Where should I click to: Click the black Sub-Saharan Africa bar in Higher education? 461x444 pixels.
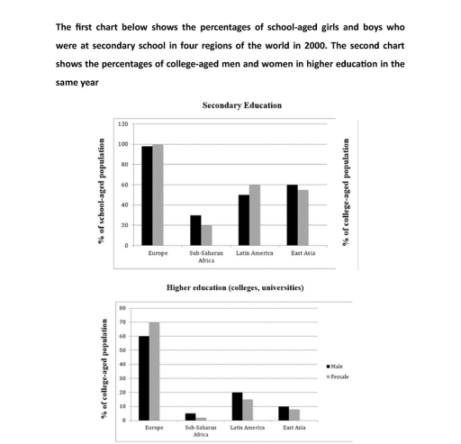[190, 416]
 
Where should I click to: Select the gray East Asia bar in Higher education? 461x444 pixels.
[294, 414]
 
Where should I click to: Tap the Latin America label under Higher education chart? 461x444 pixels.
[248, 428]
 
